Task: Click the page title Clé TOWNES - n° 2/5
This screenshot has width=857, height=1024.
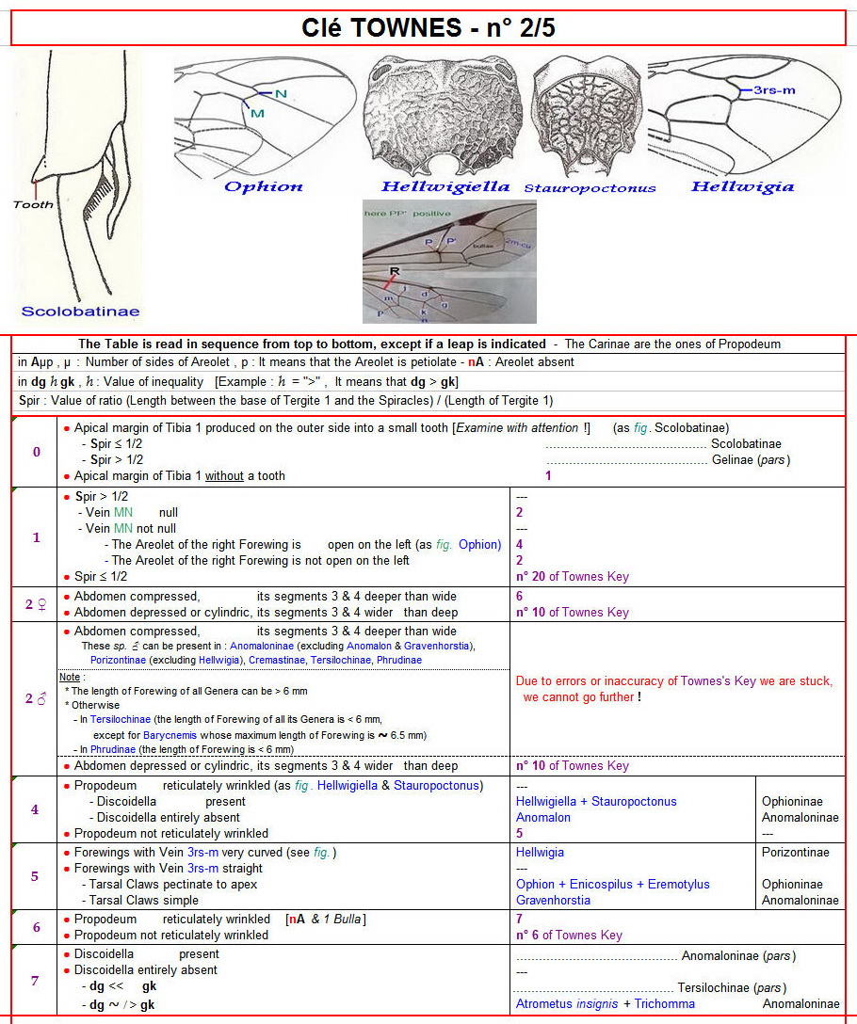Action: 428,28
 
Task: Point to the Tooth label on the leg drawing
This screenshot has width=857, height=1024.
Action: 32,204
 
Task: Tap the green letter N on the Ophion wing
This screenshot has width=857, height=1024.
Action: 281,93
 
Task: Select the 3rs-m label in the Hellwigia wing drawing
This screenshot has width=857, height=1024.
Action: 774,90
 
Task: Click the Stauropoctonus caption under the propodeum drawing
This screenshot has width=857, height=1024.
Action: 589,187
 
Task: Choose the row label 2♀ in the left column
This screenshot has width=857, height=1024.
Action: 37,604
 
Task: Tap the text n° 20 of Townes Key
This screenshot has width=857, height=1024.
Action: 572,576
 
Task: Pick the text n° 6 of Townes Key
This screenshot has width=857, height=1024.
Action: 569,936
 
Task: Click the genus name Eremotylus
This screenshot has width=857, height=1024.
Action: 675,884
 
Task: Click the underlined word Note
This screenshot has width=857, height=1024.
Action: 70,677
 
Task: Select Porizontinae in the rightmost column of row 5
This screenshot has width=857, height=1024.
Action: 796,852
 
